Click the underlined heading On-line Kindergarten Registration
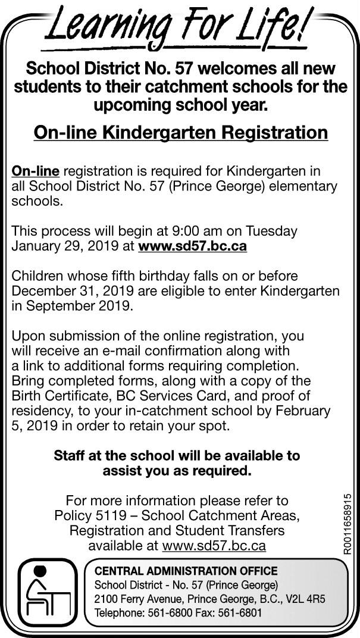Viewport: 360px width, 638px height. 180,132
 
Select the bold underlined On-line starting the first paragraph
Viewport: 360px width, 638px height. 36,172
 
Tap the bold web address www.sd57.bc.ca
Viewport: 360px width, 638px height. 192,245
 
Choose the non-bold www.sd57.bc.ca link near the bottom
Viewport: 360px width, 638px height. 214,545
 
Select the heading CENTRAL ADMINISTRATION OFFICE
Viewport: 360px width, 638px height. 186,571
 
